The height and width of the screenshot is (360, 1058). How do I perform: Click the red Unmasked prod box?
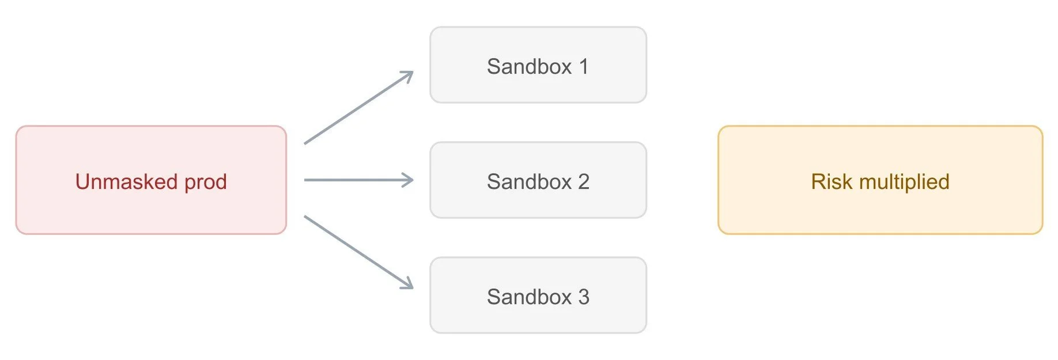tap(151, 180)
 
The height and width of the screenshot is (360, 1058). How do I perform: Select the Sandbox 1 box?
tap(538, 65)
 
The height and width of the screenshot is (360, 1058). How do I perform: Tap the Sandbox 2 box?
tap(538, 180)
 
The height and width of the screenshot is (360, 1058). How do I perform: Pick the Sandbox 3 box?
tap(538, 295)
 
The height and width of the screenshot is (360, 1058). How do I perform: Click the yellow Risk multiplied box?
tap(881, 180)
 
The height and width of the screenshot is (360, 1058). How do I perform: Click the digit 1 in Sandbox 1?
tap(584, 67)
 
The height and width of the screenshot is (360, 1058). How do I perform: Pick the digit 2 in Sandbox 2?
tap(584, 182)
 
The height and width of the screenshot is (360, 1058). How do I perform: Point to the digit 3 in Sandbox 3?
tap(584, 297)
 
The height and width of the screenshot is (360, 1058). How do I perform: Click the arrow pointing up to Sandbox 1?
tap(359, 107)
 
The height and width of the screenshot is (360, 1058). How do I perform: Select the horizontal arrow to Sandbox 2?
tap(359, 180)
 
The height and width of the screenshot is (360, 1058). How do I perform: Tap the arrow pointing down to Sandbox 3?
tap(359, 252)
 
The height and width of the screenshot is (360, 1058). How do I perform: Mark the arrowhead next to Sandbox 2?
tap(408, 180)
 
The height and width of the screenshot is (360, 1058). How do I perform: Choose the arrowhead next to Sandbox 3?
tap(407, 283)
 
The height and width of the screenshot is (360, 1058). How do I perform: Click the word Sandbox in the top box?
tap(530, 67)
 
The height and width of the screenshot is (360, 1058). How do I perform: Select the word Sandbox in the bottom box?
tap(530, 297)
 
